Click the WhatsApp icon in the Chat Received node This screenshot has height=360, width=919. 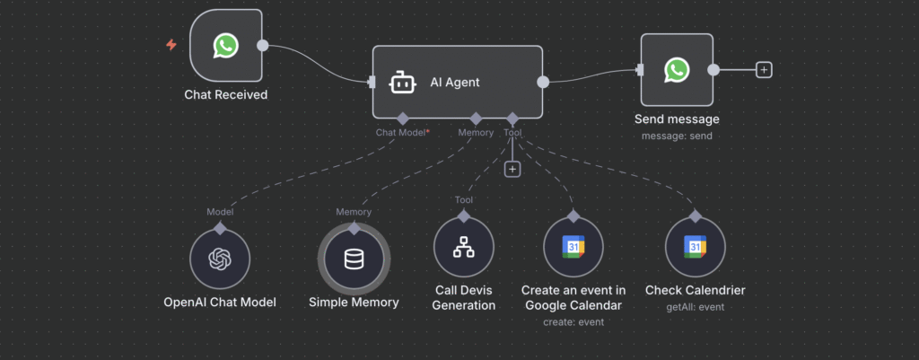(x=226, y=45)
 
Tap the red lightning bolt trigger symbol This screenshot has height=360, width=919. (x=171, y=45)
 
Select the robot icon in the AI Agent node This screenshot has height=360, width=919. (x=401, y=83)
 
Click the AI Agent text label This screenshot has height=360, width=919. (x=455, y=83)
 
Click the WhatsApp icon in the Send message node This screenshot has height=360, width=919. (x=677, y=70)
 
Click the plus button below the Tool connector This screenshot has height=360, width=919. (x=512, y=169)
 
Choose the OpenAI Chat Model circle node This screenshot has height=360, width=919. (x=220, y=259)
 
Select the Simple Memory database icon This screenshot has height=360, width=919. (x=354, y=259)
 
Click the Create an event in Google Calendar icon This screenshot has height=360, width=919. (x=574, y=248)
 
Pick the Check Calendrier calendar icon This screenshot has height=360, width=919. (x=695, y=248)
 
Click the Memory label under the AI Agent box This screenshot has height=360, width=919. (x=476, y=132)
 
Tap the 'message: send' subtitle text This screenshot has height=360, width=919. (x=677, y=136)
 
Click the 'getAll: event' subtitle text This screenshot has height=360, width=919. (x=695, y=307)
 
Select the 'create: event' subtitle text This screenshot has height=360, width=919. (x=574, y=321)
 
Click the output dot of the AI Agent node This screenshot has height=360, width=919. (x=543, y=83)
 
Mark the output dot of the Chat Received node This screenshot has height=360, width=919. (x=262, y=45)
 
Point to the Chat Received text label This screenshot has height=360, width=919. (x=226, y=94)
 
